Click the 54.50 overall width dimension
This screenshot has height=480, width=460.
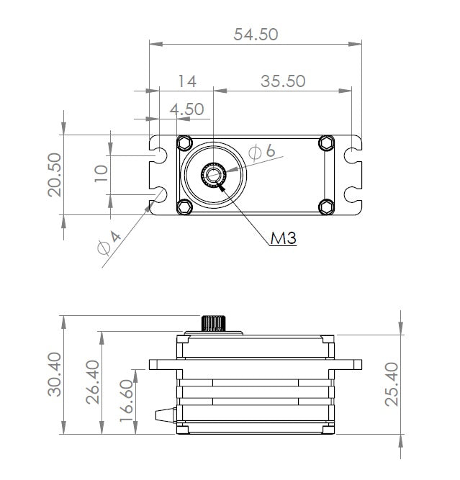click(256, 34)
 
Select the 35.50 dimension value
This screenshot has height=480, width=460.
click(283, 81)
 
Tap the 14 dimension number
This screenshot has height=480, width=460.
click(187, 81)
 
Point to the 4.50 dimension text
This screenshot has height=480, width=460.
click(187, 109)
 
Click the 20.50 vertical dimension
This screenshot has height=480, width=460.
click(55, 174)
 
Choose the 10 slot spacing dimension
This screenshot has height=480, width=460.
click(101, 173)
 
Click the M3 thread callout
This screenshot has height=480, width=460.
click(284, 238)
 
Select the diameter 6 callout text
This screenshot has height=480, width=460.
click(262, 152)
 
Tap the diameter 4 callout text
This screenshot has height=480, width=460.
click(109, 243)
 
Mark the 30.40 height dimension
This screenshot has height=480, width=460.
click(55, 374)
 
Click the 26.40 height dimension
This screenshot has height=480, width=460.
click(93, 382)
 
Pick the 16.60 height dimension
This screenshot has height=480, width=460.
click(126, 401)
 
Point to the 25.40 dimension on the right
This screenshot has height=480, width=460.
click(392, 384)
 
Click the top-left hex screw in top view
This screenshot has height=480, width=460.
click(185, 142)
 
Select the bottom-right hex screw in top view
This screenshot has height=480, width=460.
click(326, 207)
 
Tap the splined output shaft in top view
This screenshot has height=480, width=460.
click(214, 175)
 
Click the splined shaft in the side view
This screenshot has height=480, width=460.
click(214, 323)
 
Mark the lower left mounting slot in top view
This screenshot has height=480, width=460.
click(158, 194)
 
